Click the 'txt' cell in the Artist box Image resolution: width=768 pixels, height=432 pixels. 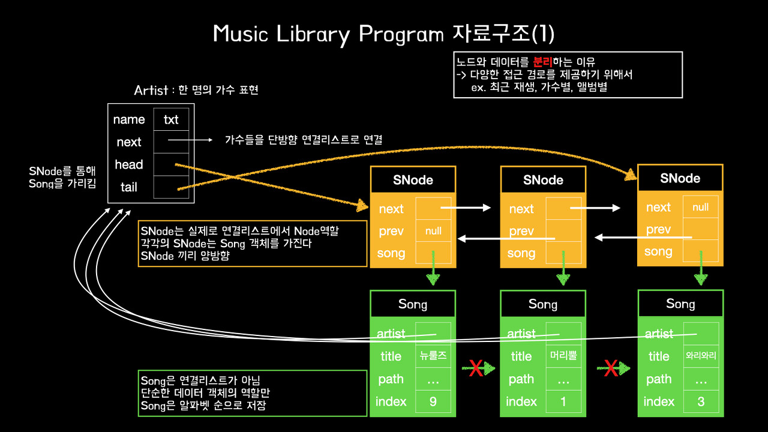[x=171, y=119]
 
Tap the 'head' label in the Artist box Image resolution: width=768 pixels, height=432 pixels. [x=129, y=164]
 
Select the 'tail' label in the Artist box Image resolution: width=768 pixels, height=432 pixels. [x=129, y=187]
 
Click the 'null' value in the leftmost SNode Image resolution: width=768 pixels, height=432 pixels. [x=433, y=231]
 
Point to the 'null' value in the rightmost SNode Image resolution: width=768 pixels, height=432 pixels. [x=700, y=208]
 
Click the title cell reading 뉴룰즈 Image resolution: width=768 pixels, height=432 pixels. [x=433, y=356]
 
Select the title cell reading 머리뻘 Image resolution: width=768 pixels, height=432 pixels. [x=563, y=356]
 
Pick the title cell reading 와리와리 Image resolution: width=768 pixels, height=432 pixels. [x=701, y=356]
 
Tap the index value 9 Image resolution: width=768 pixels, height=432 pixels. [x=433, y=401]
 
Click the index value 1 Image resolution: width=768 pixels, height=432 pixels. [x=563, y=401]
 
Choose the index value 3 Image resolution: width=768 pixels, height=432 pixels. [x=701, y=401]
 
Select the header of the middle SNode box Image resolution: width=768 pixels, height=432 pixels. [x=543, y=180]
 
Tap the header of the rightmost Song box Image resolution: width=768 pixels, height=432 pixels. [x=680, y=304]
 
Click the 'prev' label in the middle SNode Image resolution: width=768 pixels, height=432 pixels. [x=521, y=232]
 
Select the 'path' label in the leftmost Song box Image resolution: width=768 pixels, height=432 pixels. [x=391, y=379]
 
